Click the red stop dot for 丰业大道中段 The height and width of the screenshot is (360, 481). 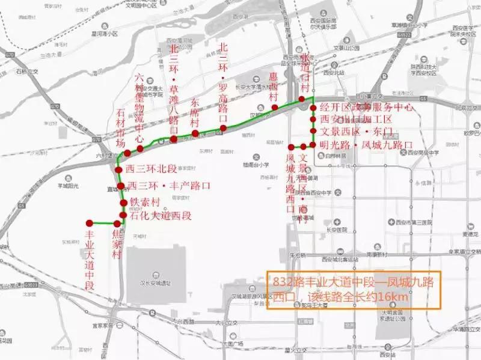pyautogui.click(x=90, y=222)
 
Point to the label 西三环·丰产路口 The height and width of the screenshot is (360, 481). pyautogui.click(x=169, y=186)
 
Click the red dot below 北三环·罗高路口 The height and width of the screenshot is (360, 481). pyautogui.click(x=223, y=128)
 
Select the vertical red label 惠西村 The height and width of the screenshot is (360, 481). pyautogui.click(x=274, y=87)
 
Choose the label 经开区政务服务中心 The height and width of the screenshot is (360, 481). pyautogui.click(x=367, y=108)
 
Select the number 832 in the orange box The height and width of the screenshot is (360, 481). pyautogui.click(x=282, y=281)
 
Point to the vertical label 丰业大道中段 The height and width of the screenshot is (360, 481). pyautogui.click(x=90, y=261)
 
